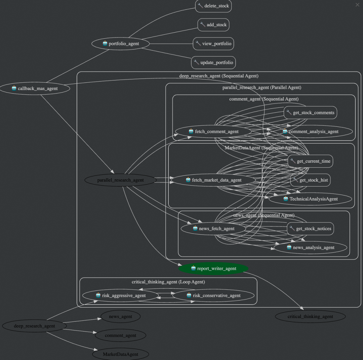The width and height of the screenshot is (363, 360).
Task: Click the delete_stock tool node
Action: pos(213,6)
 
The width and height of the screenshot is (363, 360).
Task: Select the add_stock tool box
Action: pos(213,25)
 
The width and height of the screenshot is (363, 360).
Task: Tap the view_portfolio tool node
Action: pos(213,44)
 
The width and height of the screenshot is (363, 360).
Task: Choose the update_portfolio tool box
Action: pos(213,63)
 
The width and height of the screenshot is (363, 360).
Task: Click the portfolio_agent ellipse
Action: pos(121,44)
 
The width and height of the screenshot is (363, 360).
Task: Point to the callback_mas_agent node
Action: pos(35,88)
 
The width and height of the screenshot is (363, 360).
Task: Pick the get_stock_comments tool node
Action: pos(310,113)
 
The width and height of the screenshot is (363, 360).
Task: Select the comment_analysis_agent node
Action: pos(311,131)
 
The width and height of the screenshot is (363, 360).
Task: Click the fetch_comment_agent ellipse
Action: pos(213,131)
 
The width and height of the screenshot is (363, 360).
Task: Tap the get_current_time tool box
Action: pos(310,161)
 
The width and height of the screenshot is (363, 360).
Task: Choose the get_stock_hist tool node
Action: pos(310,180)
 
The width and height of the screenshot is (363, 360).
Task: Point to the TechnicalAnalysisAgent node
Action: pos(310,199)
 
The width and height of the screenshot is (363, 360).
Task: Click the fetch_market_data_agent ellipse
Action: pos(213,180)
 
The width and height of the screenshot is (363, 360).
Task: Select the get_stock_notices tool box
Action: pos(310,229)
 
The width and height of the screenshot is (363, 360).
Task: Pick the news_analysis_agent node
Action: pos(310,247)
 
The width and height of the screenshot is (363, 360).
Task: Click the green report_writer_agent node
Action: pos(213,268)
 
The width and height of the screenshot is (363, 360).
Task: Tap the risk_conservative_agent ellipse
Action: pos(213,295)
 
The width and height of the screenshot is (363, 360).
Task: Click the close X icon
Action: pos(357,5)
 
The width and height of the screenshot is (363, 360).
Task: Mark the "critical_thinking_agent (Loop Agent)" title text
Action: pos(168,282)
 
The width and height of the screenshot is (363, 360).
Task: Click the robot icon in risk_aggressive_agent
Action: pos(98,295)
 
